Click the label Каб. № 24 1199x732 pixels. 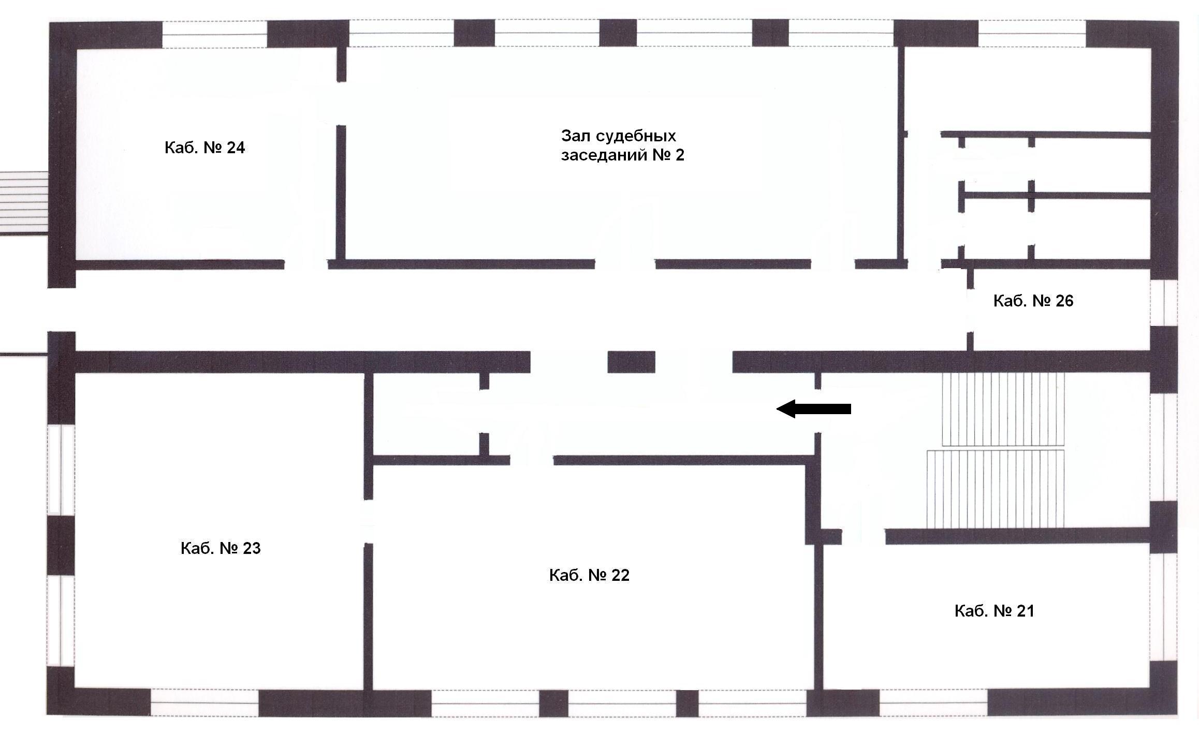[204, 148]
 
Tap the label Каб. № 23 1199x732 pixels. [221, 548]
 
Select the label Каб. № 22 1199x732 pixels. [589, 575]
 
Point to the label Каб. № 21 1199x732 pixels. [995, 611]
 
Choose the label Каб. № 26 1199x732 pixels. [1033, 301]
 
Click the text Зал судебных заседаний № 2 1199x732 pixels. [623, 145]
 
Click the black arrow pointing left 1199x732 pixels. [813, 409]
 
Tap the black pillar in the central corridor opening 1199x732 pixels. [631, 362]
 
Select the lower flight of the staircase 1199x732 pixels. [995, 489]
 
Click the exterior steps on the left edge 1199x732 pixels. [24, 203]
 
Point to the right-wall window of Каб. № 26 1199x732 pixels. [1164, 303]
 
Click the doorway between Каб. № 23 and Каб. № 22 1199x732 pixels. [368, 521]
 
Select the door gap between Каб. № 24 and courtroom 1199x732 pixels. [341, 104]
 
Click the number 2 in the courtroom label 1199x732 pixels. [680, 155]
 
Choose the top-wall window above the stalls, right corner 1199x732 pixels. [1032, 34]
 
